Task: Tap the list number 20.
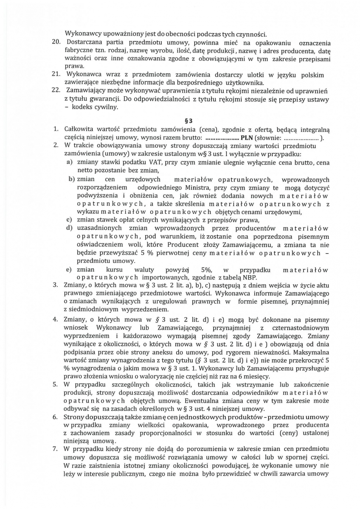(x=57, y=43)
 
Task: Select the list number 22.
(x=57, y=91)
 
